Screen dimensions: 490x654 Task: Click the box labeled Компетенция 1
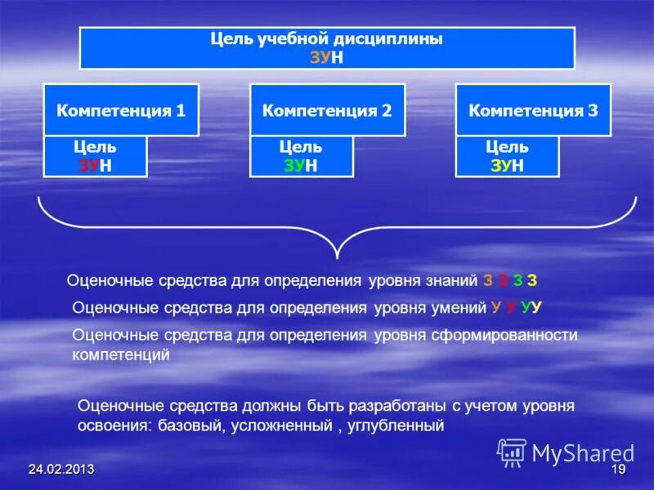[121, 109]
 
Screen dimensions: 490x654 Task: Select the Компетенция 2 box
[327, 109]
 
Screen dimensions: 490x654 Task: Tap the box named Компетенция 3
[533, 109]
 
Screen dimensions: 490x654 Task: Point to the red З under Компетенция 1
[83, 165]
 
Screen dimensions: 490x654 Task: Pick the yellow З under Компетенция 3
[495, 165]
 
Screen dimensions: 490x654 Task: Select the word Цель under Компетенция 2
[301, 148]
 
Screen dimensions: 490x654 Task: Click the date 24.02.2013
[60, 470]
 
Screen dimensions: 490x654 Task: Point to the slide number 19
[618, 470]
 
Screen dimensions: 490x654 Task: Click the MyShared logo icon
[512, 452]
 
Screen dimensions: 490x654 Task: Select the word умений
[462, 307]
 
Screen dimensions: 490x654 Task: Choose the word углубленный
[395, 425]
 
